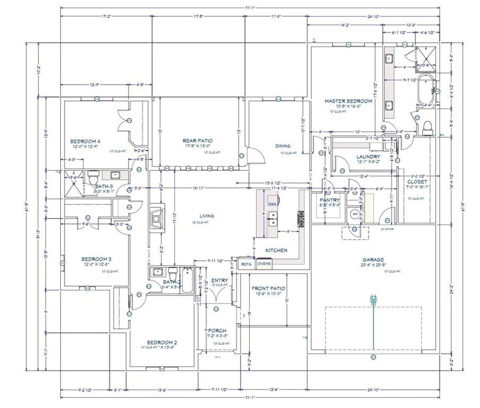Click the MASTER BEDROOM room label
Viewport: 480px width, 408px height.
click(348, 101)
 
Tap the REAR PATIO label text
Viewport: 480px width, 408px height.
click(198, 140)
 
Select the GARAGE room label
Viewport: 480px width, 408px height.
click(373, 259)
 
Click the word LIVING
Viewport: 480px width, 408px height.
click(207, 216)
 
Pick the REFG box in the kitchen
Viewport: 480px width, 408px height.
click(246, 264)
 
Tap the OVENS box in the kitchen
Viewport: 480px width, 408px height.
click(264, 264)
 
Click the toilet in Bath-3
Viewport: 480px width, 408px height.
click(93, 176)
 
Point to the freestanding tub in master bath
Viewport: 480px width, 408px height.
click(425, 90)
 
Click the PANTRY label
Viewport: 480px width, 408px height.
click(330, 200)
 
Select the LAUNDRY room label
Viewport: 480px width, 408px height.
click(368, 157)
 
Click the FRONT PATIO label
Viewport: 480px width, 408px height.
click(268, 288)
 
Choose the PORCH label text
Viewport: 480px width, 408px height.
click(217, 331)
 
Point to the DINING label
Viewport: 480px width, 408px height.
click(283, 146)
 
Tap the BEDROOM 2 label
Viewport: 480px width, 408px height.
click(162, 342)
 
